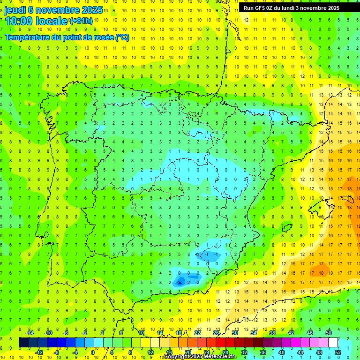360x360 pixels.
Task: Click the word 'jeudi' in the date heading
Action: (15, 10)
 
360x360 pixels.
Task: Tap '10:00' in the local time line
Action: (18, 21)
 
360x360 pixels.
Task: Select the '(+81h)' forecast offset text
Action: (81, 21)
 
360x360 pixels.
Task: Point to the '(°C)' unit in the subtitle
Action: (122, 37)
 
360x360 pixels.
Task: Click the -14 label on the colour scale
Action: (30, 333)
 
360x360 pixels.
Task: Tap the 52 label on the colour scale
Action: (338, 352)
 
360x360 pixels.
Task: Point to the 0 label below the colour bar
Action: (92, 352)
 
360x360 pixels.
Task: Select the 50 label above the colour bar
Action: (329, 333)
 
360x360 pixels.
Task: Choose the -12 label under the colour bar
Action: (39, 352)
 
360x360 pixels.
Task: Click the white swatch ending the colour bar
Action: (333, 342)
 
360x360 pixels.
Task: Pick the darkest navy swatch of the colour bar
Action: (23, 342)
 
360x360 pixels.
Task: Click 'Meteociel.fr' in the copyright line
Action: (220, 357)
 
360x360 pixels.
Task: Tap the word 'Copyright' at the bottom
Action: (177, 357)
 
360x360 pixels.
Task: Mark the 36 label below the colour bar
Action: (263, 352)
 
